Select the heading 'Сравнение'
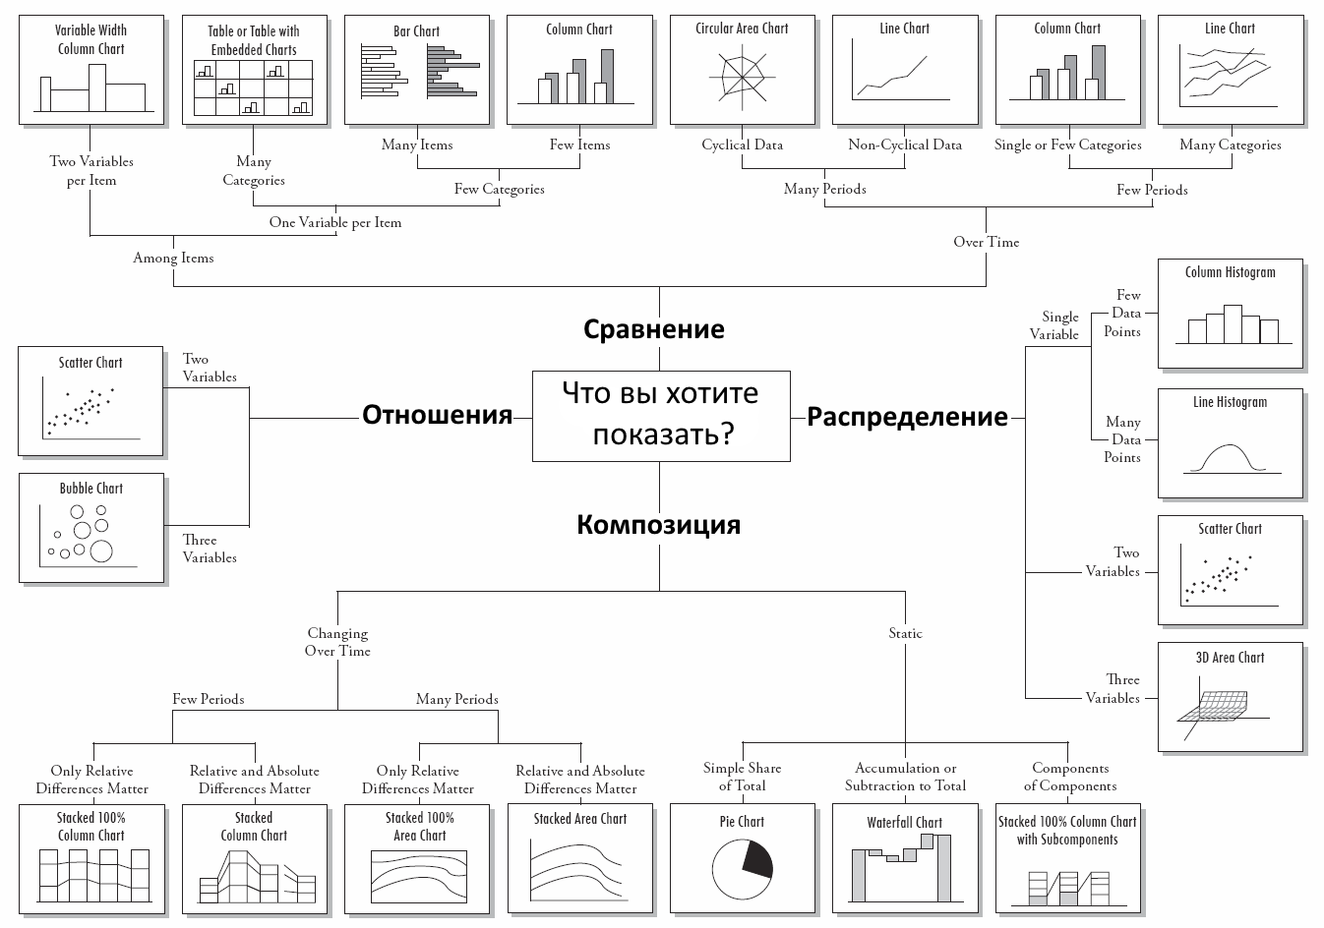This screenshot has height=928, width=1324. coord(654,328)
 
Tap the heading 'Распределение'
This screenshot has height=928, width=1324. coord(907,417)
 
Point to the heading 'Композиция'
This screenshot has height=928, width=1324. coord(658,524)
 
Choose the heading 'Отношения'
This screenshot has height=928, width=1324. coord(437,415)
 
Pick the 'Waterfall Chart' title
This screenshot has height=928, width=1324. coord(904,822)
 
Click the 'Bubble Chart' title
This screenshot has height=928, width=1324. coord(91,488)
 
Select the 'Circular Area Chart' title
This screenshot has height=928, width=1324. coord(742,29)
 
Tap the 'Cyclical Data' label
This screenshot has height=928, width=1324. coord(742,145)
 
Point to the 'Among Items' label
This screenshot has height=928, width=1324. coord(173,258)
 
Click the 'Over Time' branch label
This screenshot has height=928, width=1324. coord(986,242)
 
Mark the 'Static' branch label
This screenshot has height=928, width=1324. coord(905,633)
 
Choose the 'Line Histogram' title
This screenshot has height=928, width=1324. coord(1230,402)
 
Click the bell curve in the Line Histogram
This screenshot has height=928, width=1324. coord(1230,455)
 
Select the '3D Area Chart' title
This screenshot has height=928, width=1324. coord(1230,658)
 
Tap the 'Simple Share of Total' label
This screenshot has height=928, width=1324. coord(742,777)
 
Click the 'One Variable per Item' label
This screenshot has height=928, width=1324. coord(335,222)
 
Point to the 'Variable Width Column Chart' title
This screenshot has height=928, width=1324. coord(90,39)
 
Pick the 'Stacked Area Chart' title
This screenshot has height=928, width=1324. coord(579,818)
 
